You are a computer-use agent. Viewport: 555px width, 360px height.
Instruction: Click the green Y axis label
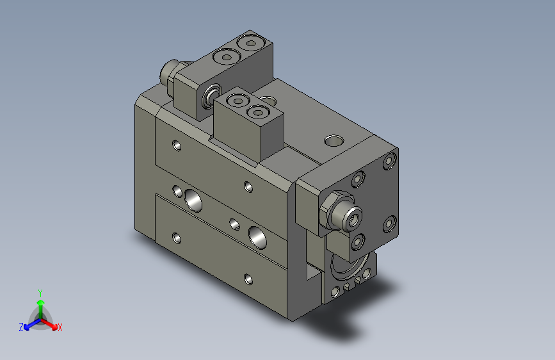40,293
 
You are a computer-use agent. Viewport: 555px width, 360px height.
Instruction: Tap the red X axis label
60,327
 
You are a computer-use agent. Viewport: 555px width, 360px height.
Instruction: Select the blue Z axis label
21,327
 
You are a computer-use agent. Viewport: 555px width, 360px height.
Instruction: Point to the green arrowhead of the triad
41,302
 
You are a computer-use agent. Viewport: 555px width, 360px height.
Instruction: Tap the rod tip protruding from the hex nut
353,218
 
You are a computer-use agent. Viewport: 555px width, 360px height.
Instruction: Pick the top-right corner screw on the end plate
389,161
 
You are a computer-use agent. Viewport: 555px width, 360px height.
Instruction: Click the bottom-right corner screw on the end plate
389,224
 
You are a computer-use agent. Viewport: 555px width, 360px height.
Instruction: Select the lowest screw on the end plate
357,241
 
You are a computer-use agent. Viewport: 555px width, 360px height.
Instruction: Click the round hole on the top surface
334,141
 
